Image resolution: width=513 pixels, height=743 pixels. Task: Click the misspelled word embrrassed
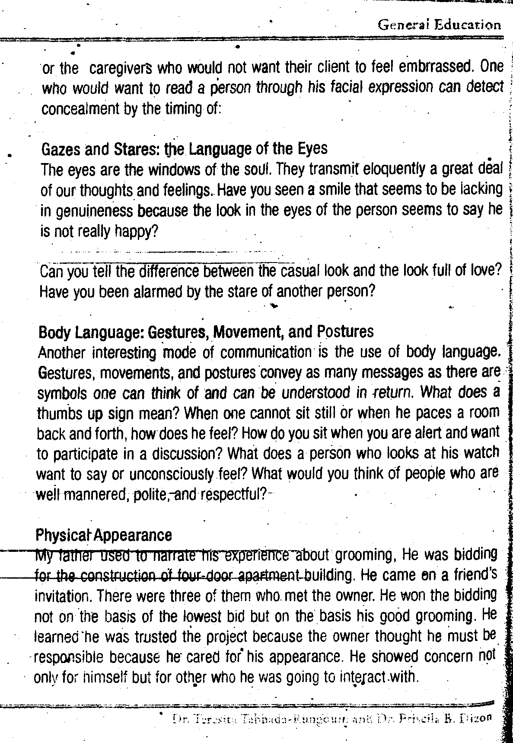click(x=437, y=67)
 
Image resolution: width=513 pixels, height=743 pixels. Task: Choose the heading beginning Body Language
click(x=206, y=332)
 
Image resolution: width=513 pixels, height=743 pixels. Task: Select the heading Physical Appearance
click(x=103, y=535)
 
